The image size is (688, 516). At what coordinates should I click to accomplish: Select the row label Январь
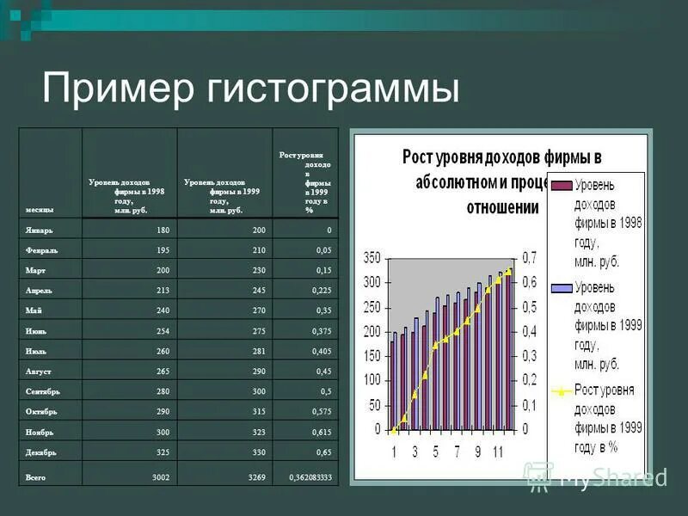pos(40,230)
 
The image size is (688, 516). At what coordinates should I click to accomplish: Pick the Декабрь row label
pos(41,452)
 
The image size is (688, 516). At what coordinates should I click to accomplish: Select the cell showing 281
pos(259,352)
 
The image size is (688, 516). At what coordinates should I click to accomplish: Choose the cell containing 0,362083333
pos(310,476)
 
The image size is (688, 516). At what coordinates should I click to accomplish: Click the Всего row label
pos(37,476)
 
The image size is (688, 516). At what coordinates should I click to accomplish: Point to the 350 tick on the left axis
pos(372,258)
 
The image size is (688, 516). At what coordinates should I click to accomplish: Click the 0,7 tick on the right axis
pos(530,258)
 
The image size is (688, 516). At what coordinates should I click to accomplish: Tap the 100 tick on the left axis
pos(372,380)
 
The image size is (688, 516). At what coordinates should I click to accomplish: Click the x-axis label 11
pos(497,451)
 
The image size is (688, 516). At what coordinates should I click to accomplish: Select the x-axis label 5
pos(435,451)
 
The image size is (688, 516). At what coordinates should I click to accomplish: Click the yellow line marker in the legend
pos(561,390)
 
